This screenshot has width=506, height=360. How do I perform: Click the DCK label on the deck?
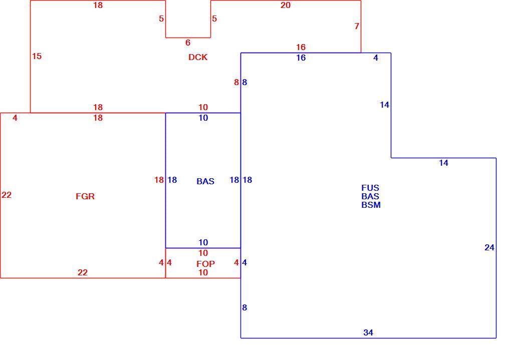point(198,57)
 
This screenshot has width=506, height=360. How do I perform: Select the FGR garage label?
point(85,196)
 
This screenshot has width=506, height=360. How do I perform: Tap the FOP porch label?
point(205,264)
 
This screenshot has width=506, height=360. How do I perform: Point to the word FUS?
point(370,188)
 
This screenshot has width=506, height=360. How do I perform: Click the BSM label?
point(371,205)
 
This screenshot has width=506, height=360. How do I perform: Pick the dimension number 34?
point(368,332)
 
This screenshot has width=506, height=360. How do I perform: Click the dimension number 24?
point(489,247)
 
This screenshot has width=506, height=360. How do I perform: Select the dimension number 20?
point(285,5)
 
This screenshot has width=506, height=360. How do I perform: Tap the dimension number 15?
point(37,56)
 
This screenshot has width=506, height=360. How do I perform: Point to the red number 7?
point(357,26)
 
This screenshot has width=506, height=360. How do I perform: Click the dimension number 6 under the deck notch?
point(188,43)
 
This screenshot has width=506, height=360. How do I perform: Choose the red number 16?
point(301,47)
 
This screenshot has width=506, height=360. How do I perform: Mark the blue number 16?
point(301,58)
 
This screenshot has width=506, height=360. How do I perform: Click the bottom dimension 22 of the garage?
point(83,272)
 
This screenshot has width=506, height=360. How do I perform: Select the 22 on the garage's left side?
point(7,195)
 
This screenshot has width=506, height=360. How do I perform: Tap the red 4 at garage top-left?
point(15,118)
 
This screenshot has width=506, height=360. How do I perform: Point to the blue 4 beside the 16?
point(376,58)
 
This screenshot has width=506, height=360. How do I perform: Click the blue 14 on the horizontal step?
point(444,163)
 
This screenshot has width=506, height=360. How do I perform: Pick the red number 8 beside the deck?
point(236,82)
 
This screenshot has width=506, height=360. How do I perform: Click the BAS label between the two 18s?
point(205,181)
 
